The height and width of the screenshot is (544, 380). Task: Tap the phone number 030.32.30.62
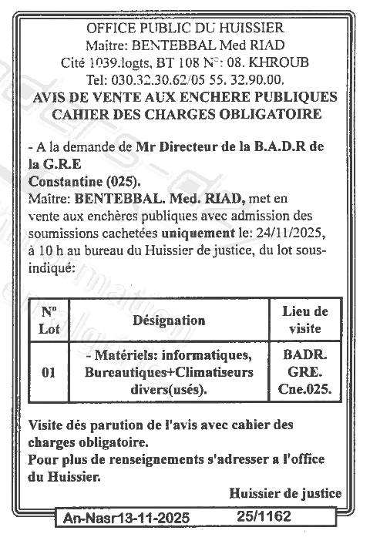coord(145,79)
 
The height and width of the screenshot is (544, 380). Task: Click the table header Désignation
coord(169,320)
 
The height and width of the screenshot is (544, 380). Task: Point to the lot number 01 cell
coord(49,373)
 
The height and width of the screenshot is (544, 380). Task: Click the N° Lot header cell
coord(49,320)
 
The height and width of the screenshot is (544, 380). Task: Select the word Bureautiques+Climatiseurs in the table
coord(170,372)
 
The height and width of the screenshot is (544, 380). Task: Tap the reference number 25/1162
coord(265,516)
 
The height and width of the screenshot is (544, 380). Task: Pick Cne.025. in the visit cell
coord(305,390)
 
